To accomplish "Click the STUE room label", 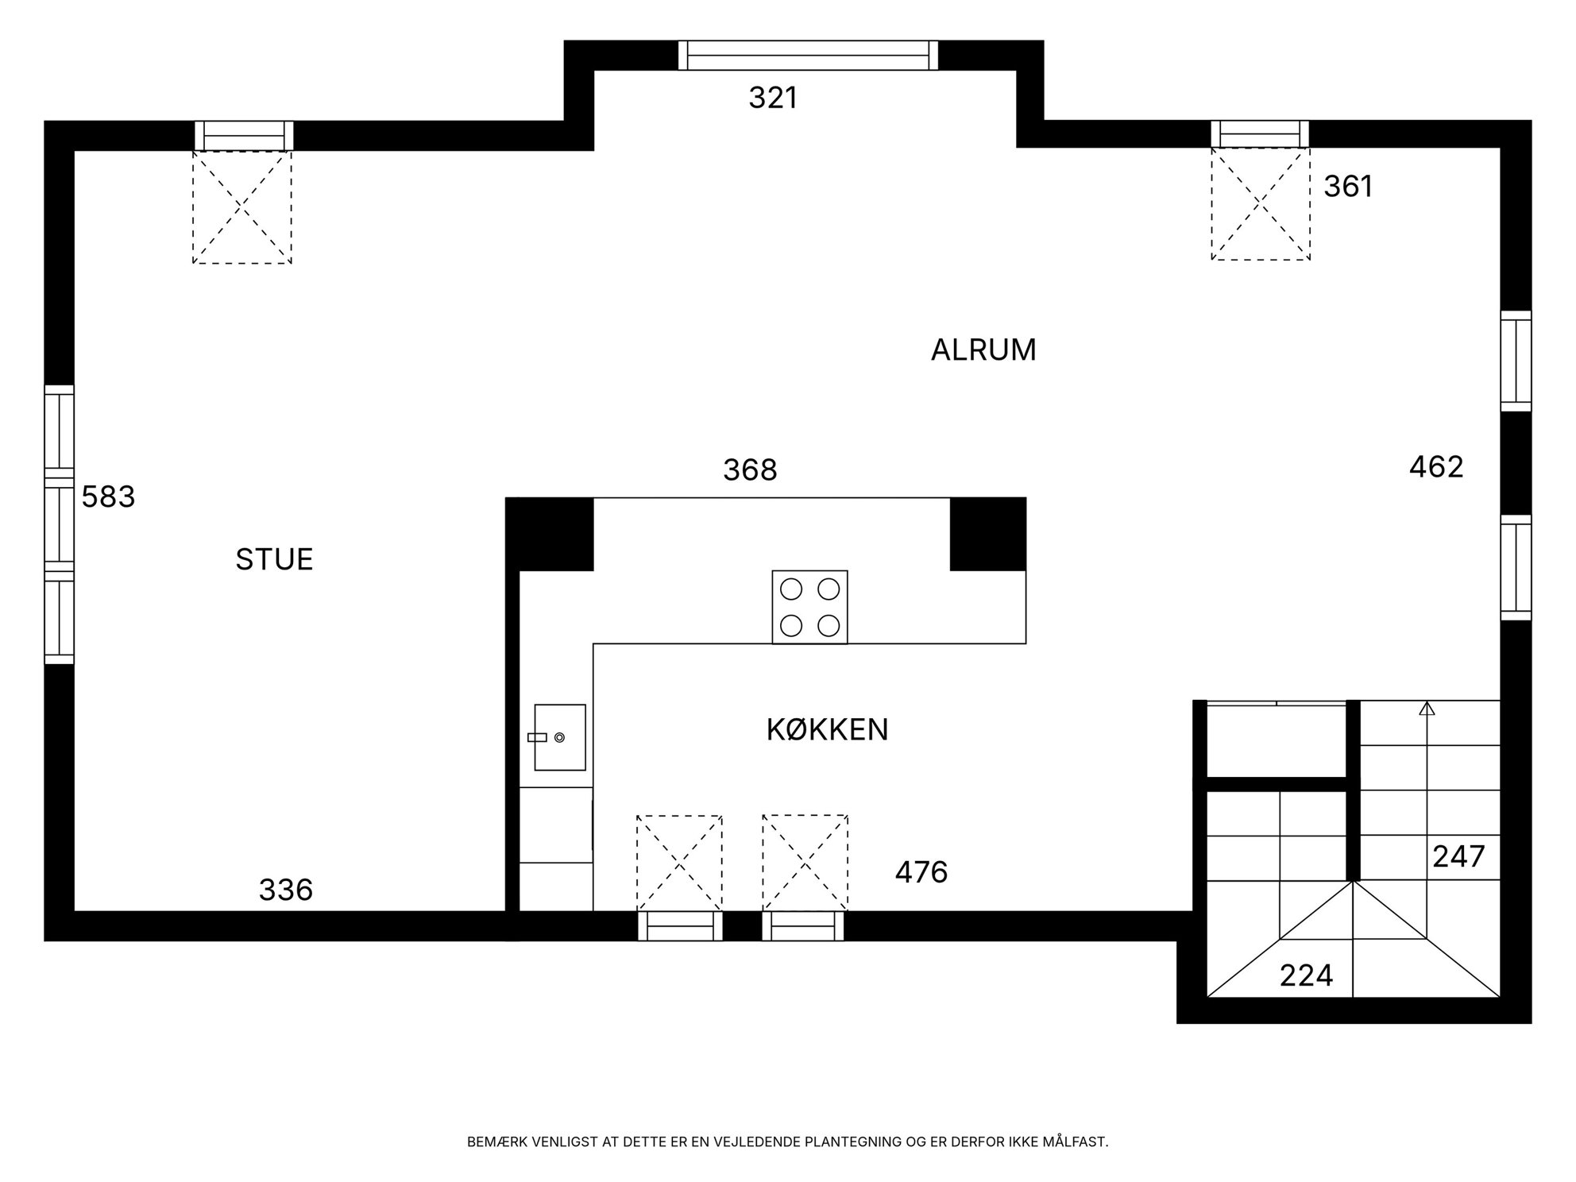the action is pos(274,560).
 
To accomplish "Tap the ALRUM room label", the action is pos(983,350).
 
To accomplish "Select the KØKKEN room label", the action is pos(827,729).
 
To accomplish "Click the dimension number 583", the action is pos(108,497).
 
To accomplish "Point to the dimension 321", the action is pos(773,98).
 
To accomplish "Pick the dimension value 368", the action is pos(750,470).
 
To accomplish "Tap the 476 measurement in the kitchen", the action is pos(921,873).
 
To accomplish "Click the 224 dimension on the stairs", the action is pos(1306,975).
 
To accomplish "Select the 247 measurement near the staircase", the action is pos(1458,857).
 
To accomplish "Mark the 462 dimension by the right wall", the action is pos(1436,467).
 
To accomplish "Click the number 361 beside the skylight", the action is pos(1348,187).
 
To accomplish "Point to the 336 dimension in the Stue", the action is pos(286,890).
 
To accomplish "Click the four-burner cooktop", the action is pos(809,607).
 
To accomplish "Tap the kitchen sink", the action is pos(560,737).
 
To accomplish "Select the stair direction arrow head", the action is pos(1427,709).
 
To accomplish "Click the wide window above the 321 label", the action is pos(808,56).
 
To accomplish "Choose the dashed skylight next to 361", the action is pos(1260,204).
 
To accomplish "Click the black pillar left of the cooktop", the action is pos(550,534).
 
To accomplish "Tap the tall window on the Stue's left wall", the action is pos(59,524).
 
